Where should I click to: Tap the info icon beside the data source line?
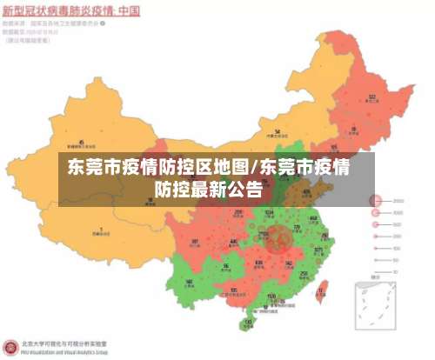point(104,24)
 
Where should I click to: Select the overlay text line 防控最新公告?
point(209,186)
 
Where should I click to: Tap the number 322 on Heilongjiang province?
point(371,97)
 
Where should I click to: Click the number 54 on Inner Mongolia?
point(277,131)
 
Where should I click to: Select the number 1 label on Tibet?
point(101,230)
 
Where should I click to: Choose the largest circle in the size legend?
point(376,201)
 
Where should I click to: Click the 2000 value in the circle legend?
point(398,201)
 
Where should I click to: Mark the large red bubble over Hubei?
point(280,237)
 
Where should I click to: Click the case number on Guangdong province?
point(272,297)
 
